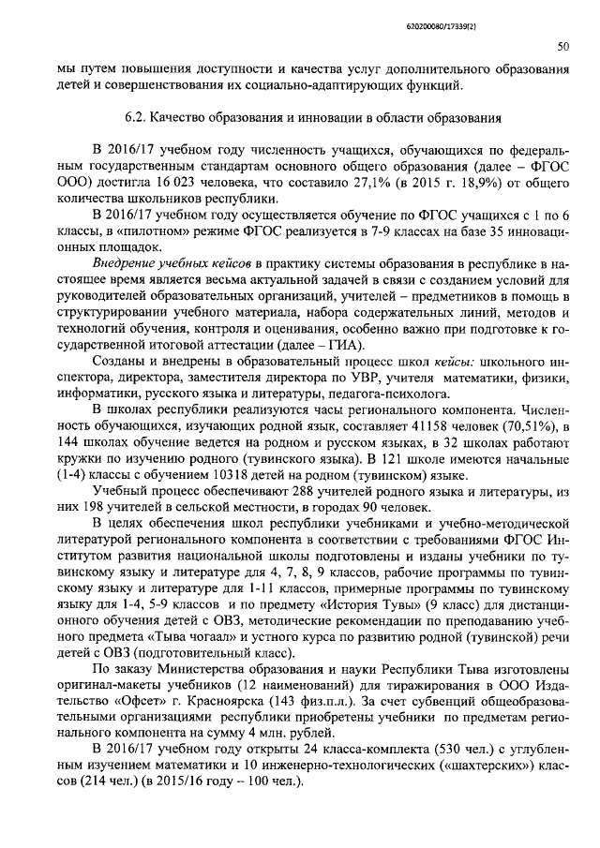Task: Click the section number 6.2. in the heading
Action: click(x=140, y=119)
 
